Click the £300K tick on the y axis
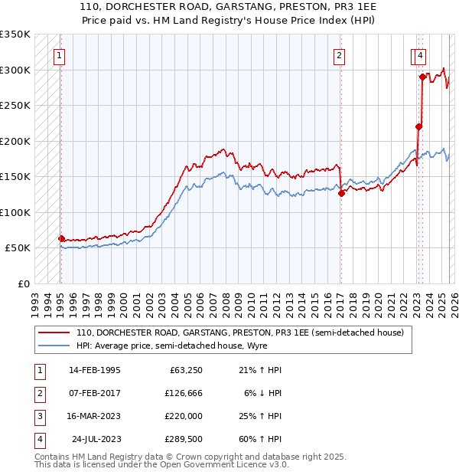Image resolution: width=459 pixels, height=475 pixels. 15,70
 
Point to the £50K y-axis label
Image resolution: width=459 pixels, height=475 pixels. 18,248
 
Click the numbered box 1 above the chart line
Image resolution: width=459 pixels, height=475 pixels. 59,55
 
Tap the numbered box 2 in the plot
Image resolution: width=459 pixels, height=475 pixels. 339,55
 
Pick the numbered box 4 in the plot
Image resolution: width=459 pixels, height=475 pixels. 422,55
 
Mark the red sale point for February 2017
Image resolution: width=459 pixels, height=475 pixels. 341,194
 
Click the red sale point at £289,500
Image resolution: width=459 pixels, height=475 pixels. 422,77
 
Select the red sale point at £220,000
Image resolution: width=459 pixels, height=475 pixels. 418,126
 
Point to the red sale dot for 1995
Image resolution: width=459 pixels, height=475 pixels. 61,238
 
